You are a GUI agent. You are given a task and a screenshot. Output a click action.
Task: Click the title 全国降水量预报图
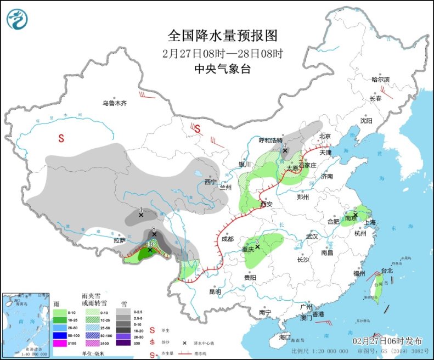point(223,36)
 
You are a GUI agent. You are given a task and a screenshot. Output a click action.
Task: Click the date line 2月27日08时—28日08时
point(223,54)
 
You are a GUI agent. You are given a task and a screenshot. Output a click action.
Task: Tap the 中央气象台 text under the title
point(223,69)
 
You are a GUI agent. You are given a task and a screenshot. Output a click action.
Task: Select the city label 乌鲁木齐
point(114,103)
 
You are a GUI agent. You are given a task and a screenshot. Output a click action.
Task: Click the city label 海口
point(284,336)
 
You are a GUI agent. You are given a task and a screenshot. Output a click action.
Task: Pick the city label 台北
point(387,271)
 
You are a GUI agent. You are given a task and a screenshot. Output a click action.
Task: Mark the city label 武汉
point(312,236)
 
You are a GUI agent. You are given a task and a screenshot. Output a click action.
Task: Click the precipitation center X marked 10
point(150,250)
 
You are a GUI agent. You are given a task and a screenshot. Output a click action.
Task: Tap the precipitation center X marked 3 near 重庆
point(257,247)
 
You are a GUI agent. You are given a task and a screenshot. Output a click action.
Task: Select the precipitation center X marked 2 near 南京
point(356,215)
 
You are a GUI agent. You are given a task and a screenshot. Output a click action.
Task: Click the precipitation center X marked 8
point(155,234)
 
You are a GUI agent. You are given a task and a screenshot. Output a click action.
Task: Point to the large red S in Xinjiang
point(61,139)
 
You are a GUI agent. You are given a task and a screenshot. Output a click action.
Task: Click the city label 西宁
point(211,182)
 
